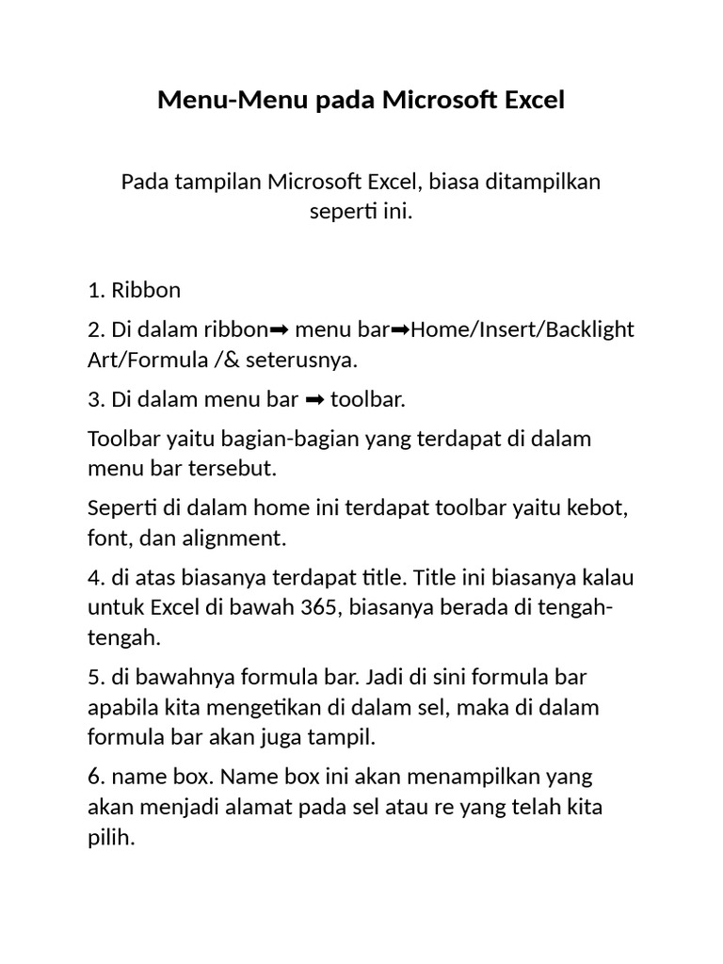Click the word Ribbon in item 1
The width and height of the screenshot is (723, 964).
pyautogui.click(x=146, y=290)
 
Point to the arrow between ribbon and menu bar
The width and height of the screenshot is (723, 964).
pyautogui.click(x=279, y=330)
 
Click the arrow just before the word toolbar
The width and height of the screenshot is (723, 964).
pyautogui.click(x=315, y=400)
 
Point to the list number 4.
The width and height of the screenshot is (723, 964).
pyautogui.click(x=95, y=578)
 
